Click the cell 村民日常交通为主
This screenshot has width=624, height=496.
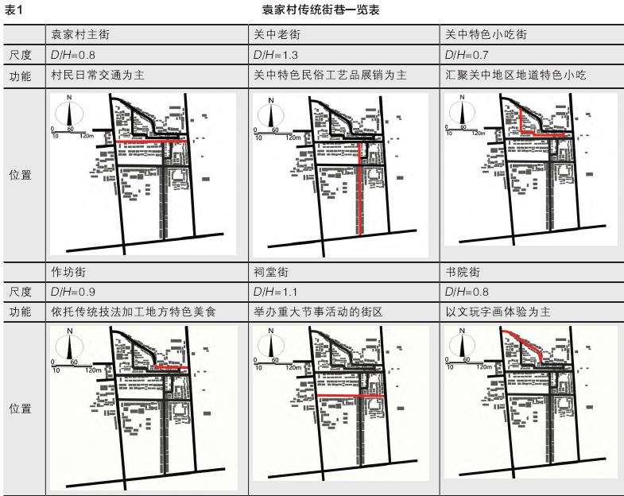[x=95, y=75]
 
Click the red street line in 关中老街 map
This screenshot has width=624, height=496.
[x=360, y=191]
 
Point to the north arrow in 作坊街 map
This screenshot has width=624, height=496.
[x=70, y=344]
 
